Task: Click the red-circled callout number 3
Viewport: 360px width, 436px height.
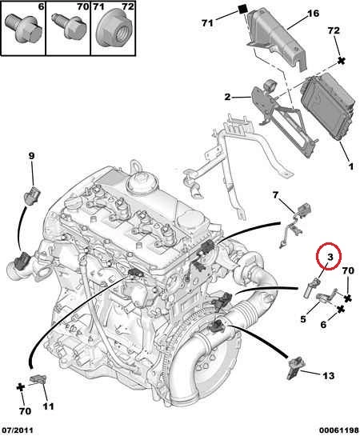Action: tap(330, 258)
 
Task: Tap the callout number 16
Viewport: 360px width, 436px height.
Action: tap(313, 14)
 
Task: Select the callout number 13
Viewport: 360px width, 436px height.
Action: tap(328, 376)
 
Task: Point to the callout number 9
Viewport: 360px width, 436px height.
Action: tap(31, 156)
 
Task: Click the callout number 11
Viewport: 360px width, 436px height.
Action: tap(48, 406)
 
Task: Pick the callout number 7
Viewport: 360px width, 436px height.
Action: tap(275, 195)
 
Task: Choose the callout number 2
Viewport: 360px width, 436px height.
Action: tap(227, 97)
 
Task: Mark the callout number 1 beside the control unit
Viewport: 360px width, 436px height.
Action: tap(351, 166)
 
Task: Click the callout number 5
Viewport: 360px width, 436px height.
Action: tap(303, 319)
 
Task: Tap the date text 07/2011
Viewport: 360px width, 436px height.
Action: tap(17, 430)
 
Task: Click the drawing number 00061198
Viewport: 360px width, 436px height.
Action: tap(338, 430)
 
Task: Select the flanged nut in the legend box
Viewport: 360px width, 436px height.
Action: tap(114, 27)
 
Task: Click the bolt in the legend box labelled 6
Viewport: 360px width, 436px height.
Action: tap(24, 28)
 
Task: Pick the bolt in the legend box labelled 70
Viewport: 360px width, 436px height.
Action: tap(67, 26)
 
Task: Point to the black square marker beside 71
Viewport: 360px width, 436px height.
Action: tap(243, 9)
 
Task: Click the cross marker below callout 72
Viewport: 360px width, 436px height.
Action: tap(341, 61)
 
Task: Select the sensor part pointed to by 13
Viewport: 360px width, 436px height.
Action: tap(294, 369)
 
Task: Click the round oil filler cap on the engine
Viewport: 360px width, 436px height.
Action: tap(139, 182)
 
